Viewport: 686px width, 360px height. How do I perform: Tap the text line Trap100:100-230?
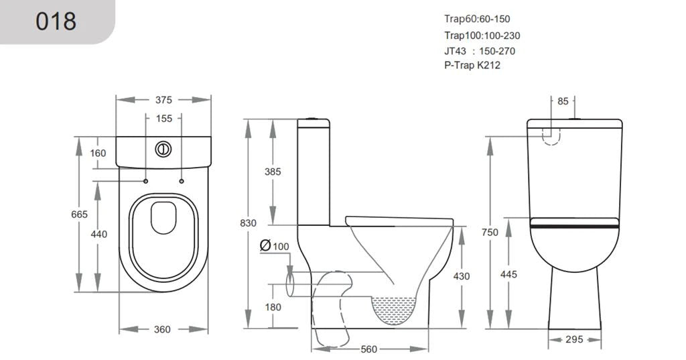[482, 36]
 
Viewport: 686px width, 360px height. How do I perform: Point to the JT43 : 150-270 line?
[479, 51]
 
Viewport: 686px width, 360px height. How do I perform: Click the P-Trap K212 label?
[472, 66]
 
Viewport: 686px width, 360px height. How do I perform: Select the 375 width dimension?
[163, 100]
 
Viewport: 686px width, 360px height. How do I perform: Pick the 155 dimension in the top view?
[164, 119]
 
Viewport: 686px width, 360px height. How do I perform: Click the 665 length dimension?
[79, 215]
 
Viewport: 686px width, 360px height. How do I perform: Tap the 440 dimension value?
[98, 235]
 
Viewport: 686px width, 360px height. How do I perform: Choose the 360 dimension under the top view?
[163, 329]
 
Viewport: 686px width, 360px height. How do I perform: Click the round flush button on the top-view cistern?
[163, 149]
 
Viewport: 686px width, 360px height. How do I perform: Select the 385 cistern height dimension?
[273, 172]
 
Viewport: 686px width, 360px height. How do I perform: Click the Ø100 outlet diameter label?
[275, 247]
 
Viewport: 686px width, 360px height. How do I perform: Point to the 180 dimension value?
[273, 307]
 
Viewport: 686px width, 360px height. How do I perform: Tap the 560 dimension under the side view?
[368, 349]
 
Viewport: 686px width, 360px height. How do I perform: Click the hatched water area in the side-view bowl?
[394, 310]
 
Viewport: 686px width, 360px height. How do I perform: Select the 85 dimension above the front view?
[562, 102]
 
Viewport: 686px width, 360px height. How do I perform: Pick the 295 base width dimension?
[574, 340]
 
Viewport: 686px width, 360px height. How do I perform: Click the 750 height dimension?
[490, 232]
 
